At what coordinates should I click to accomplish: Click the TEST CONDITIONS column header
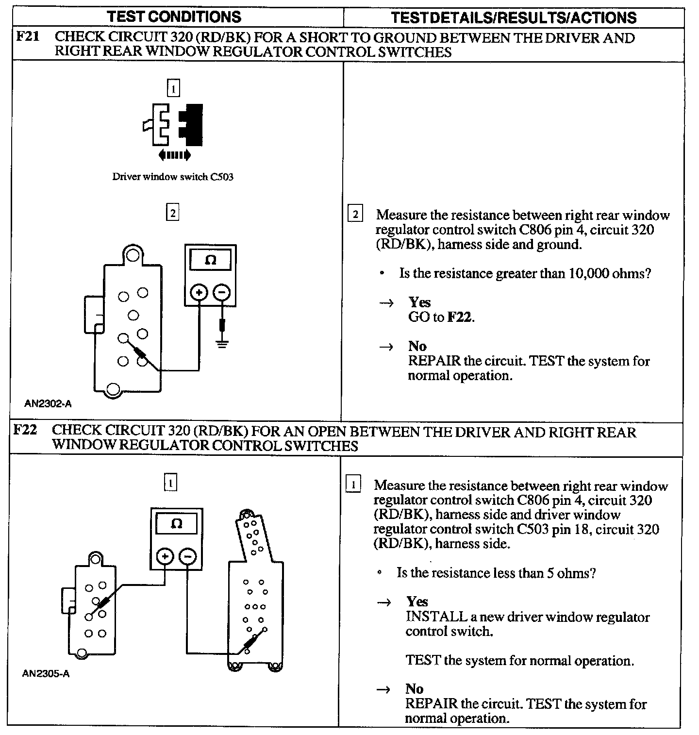[x=174, y=17]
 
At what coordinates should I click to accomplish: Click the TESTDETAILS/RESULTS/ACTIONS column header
[x=514, y=17]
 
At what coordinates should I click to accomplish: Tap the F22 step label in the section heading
[x=25, y=430]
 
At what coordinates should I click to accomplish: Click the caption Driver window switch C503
[x=173, y=177]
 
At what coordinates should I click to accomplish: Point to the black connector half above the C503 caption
[x=191, y=125]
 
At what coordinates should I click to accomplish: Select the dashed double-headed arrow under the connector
[x=174, y=155]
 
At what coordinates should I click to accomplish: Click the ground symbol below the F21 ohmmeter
[x=222, y=344]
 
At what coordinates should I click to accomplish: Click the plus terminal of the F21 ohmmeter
[x=199, y=292]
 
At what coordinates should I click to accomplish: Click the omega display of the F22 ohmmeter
[x=177, y=524]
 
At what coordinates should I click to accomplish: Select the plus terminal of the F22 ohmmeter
[x=165, y=556]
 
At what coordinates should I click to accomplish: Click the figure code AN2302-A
[x=49, y=403]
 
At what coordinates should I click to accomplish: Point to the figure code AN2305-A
[x=46, y=674]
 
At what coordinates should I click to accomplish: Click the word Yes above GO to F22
[x=419, y=302]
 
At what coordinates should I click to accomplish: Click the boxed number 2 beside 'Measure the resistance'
[x=355, y=214]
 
